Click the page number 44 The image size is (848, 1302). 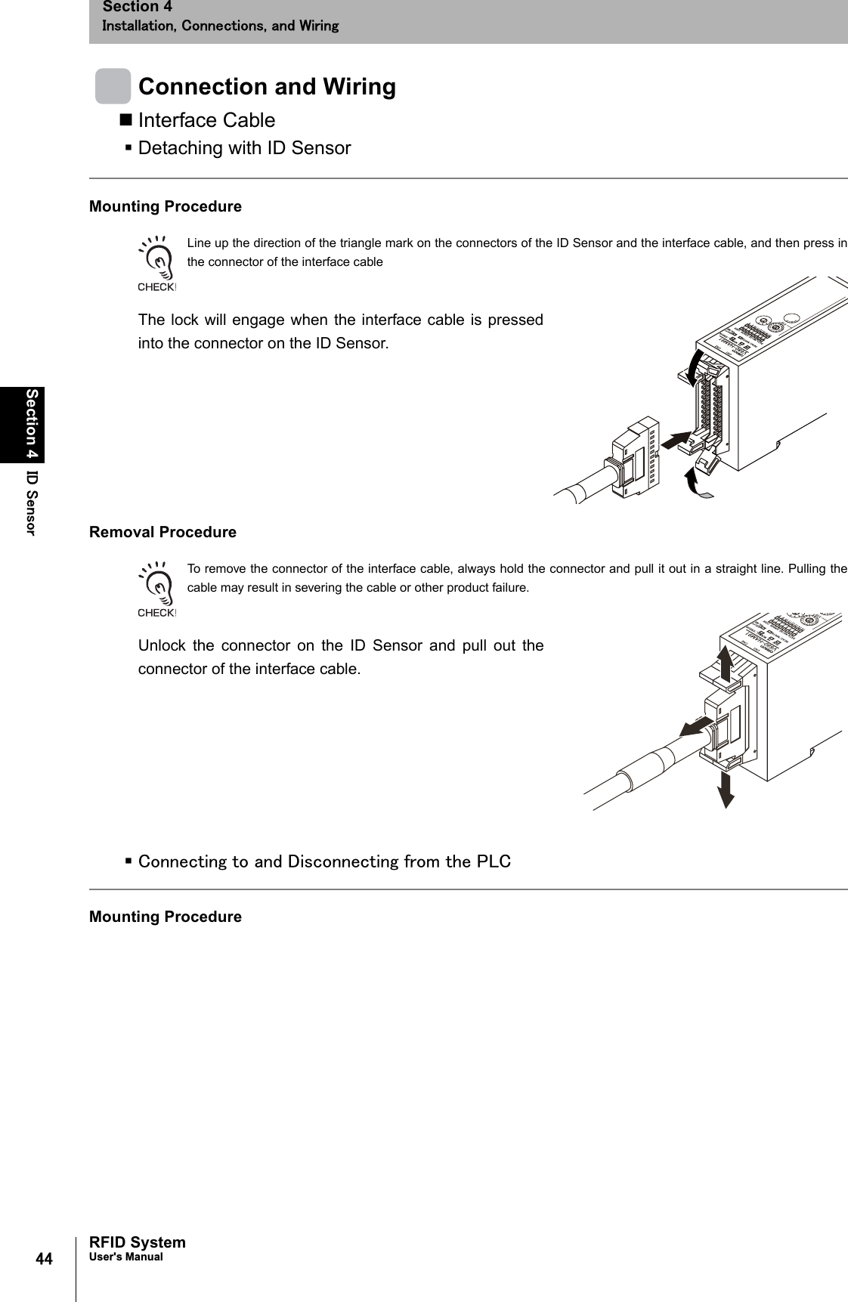(45, 1259)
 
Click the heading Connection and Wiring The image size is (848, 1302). (267, 87)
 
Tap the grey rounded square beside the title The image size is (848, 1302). (113, 86)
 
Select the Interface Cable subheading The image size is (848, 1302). (206, 120)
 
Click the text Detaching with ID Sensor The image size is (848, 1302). (244, 148)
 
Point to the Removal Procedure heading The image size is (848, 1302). (162, 532)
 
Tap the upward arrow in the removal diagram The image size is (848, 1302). (726, 665)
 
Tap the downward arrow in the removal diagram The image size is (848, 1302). (726, 788)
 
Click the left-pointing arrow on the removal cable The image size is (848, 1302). (695, 727)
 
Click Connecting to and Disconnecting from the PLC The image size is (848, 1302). (324, 861)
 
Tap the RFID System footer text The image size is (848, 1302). (137, 1242)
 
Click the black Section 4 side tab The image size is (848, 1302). (32, 424)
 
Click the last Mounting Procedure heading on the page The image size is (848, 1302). (166, 917)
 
